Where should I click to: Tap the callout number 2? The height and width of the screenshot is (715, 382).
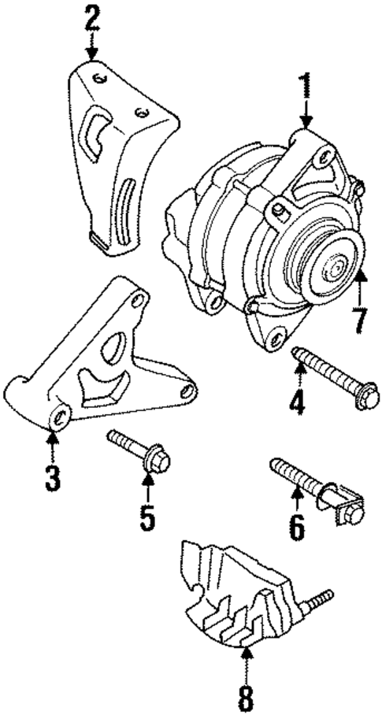[92, 17]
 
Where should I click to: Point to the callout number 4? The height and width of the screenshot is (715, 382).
[296, 404]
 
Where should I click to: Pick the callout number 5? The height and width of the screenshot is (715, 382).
[147, 517]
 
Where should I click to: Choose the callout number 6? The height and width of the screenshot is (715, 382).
[296, 526]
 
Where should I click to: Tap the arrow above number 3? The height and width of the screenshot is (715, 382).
[52, 445]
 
